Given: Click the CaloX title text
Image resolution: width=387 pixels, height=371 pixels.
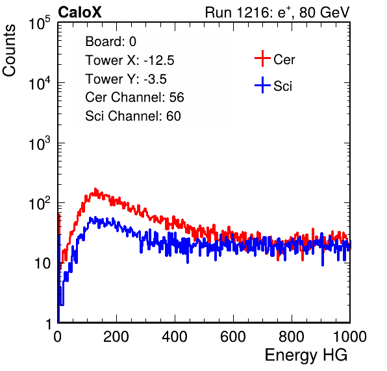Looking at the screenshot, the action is click(x=80, y=12).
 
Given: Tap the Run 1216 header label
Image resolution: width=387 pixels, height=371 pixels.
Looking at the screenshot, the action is click(x=277, y=12).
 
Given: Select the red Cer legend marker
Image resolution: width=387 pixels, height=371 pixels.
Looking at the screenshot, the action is click(x=262, y=58).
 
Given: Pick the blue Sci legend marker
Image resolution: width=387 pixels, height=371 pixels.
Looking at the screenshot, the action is click(x=262, y=85).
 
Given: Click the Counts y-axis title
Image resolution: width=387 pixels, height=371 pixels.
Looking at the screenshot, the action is click(x=9, y=50).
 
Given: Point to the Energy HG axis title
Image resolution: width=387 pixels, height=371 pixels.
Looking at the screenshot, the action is click(x=306, y=355).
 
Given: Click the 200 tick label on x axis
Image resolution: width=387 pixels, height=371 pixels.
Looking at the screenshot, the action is click(x=116, y=337).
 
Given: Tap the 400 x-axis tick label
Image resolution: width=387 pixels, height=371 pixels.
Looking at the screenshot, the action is click(x=175, y=337).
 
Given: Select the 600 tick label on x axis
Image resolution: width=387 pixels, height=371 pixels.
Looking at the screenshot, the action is click(x=233, y=337).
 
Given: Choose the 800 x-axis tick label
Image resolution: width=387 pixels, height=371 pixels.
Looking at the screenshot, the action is click(x=292, y=337).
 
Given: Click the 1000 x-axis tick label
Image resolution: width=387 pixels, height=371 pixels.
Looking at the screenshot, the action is click(x=350, y=337).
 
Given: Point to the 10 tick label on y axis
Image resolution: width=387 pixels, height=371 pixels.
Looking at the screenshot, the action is click(x=42, y=263).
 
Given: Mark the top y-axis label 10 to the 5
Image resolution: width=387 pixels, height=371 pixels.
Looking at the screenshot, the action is click(x=40, y=23).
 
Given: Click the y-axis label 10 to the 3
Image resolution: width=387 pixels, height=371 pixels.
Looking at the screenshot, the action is click(x=40, y=143).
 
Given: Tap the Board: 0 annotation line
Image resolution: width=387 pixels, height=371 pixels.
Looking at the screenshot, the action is click(x=111, y=42).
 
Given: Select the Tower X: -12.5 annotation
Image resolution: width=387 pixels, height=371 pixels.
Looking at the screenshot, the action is click(x=130, y=60).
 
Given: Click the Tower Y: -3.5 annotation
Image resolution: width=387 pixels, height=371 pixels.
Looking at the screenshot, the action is click(x=126, y=79).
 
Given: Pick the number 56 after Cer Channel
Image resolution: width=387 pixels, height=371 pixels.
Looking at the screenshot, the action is click(x=177, y=97).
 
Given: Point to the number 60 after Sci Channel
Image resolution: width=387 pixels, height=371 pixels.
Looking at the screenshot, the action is click(x=173, y=116).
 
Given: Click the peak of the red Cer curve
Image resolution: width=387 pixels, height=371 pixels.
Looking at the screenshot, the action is click(x=95, y=189).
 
